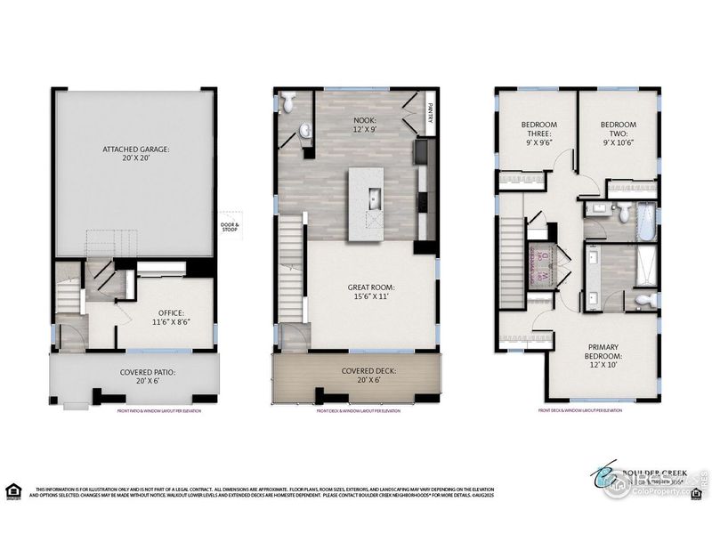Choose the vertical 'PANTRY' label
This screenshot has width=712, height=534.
click(429, 113)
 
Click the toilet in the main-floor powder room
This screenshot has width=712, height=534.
click(288, 104)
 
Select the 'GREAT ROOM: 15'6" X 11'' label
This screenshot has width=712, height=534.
click(371, 293)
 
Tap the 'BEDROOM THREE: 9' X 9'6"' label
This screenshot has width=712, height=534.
click(539, 132)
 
